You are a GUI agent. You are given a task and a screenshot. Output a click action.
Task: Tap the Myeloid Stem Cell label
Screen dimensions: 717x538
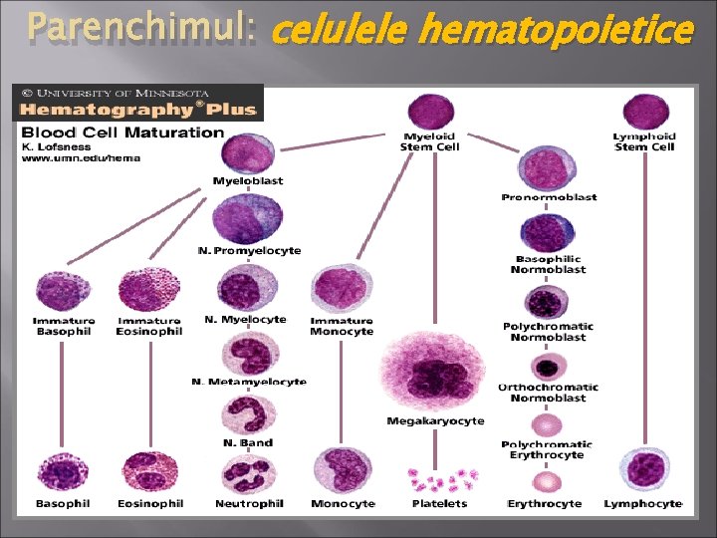[430, 141]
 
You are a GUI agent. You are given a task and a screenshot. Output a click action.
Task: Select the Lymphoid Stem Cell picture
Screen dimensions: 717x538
[645, 112]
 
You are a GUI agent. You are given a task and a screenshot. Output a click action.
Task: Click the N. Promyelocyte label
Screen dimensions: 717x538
[249, 250]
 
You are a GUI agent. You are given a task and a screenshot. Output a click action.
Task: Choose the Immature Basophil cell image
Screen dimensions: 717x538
[61, 292]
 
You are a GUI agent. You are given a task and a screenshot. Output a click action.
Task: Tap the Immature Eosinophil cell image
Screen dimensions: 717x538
[148, 290]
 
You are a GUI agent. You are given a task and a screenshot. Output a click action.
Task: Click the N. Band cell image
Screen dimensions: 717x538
[247, 413]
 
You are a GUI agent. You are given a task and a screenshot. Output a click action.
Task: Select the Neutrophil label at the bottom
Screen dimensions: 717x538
[249, 504]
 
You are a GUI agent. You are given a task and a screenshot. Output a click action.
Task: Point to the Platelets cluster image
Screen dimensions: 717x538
[439, 481]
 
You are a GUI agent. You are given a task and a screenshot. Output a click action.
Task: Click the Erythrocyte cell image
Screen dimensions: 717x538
[545, 482]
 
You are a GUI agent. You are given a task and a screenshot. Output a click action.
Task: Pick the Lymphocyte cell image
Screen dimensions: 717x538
[642, 472]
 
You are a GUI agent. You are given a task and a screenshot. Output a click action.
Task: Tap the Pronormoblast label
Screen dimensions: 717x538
[549, 197]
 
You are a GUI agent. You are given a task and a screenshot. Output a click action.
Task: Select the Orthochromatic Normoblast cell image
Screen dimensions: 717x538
[547, 365]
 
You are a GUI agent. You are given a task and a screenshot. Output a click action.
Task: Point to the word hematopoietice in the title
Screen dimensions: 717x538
[555, 32]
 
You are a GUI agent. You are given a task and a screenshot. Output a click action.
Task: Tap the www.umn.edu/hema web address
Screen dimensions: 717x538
[82, 157]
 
